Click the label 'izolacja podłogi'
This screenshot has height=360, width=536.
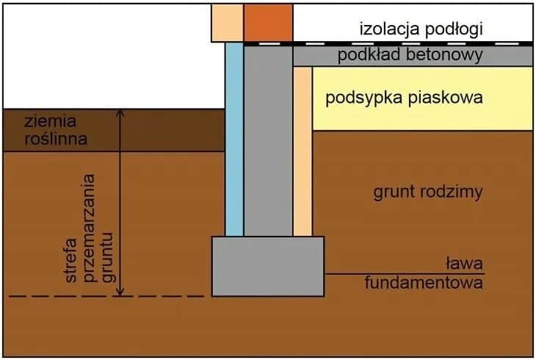421,29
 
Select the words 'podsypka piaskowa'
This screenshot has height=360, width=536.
404,98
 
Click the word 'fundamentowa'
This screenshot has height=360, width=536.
424,283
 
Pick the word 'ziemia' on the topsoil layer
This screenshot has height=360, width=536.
50,121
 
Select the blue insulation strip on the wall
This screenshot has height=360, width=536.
234,140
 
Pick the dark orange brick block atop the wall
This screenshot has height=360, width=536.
268,22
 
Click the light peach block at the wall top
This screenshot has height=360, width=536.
227,22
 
